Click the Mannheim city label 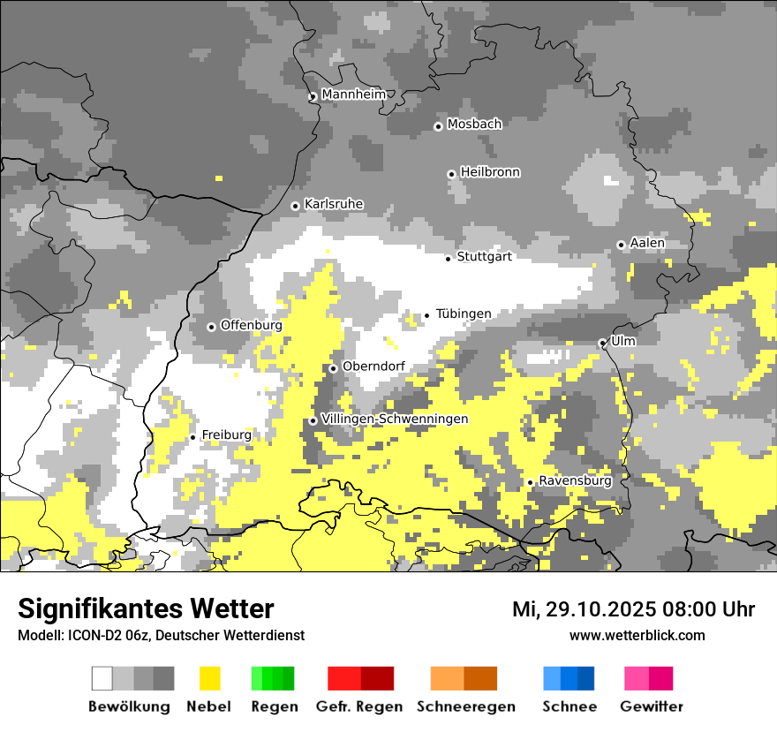click(354, 94)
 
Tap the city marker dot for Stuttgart click(449, 259)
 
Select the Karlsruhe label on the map click(334, 204)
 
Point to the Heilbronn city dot click(451, 174)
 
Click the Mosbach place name click(474, 125)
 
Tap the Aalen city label click(647, 243)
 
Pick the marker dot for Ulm click(602, 343)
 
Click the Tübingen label click(464, 314)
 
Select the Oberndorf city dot click(333, 368)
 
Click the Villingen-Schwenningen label click(395, 419)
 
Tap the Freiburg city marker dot click(192, 437)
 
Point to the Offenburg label click(252, 325)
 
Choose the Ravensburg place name click(575, 480)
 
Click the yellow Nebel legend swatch click(209, 678)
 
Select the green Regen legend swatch click(273, 678)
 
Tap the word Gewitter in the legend click(652, 707)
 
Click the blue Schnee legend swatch click(569, 678)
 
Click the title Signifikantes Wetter click(146, 608)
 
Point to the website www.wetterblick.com click(637, 635)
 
